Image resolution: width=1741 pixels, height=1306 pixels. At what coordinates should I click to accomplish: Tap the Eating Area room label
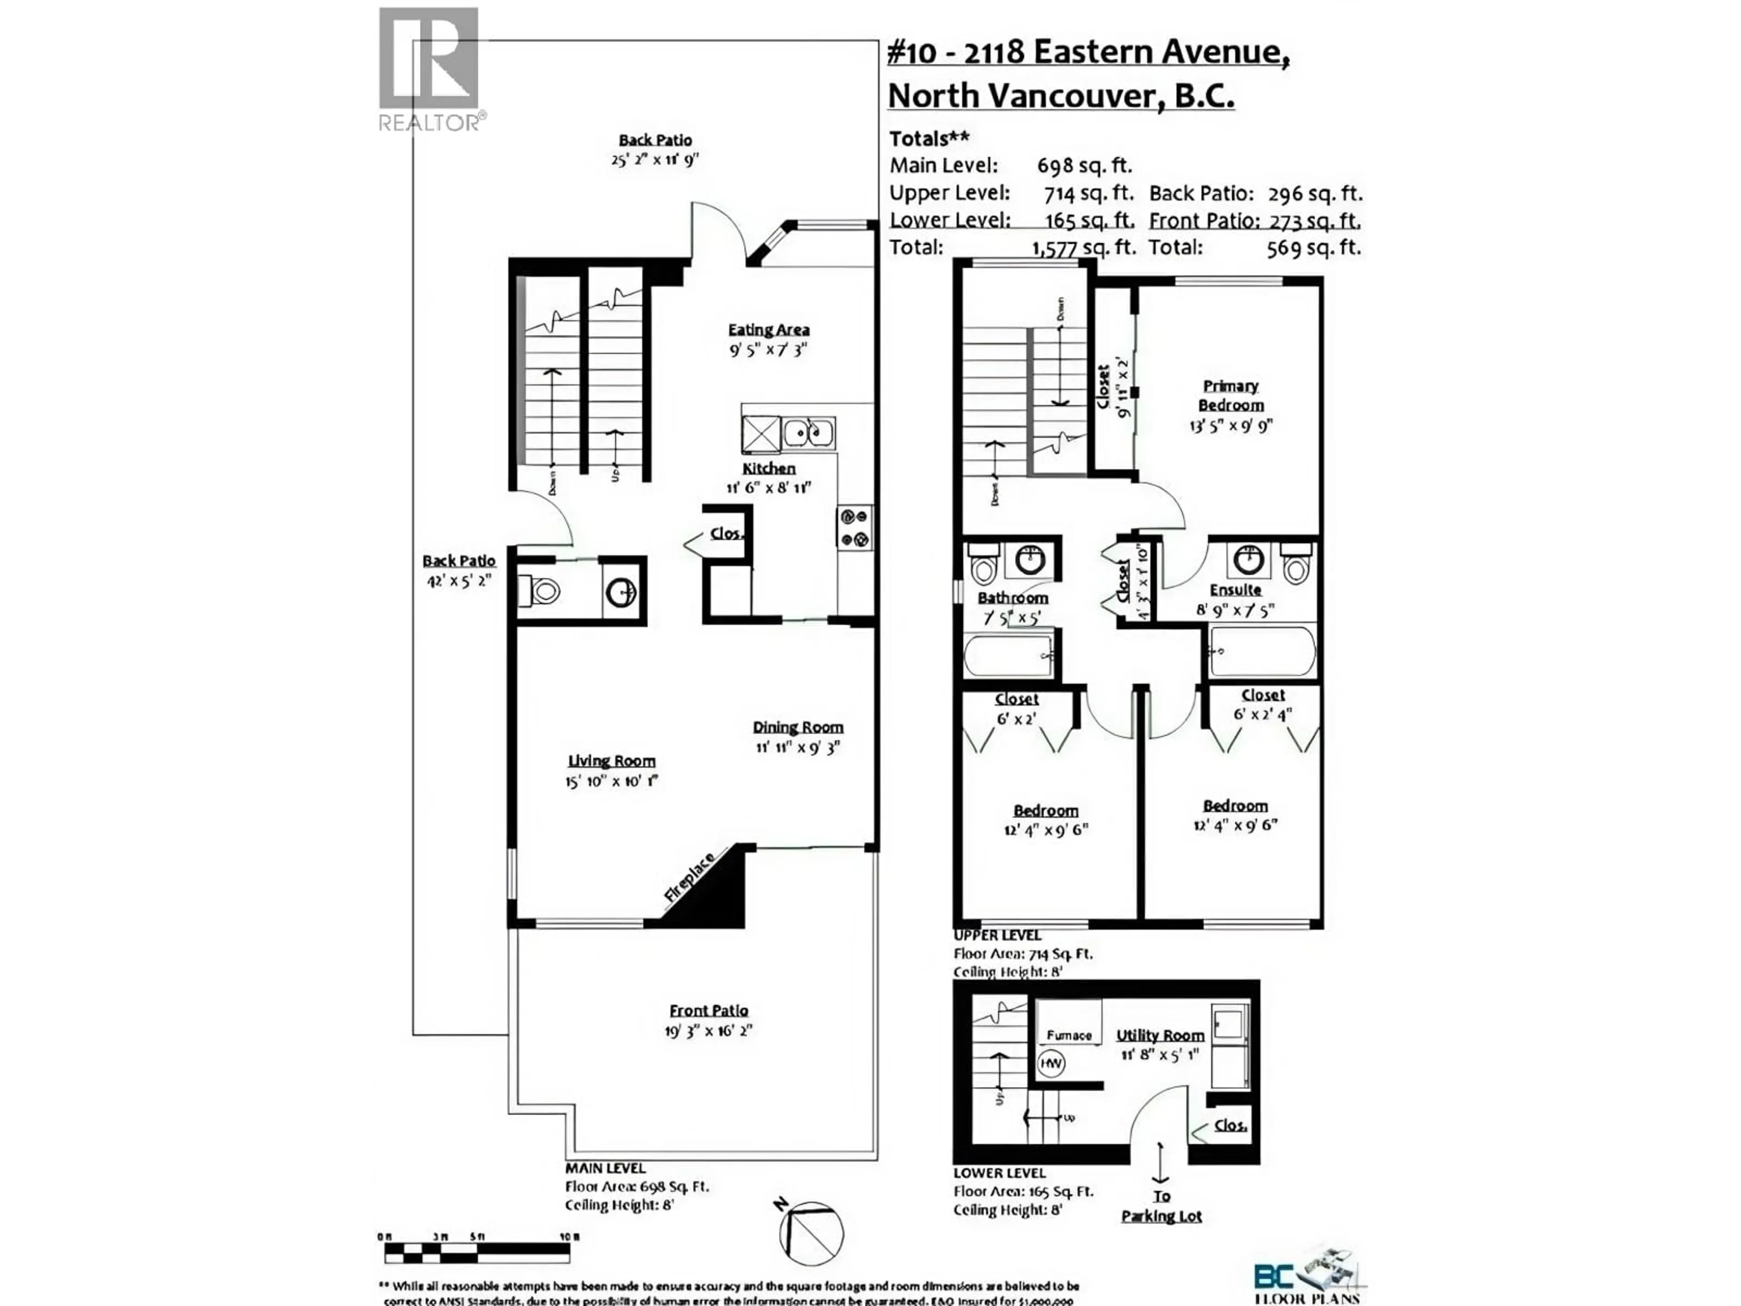pyautogui.click(x=768, y=330)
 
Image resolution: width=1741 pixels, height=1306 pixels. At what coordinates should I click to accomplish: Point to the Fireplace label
pyautogui.click(x=690, y=876)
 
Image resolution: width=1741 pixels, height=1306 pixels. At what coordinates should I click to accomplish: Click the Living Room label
pyautogui.click(x=612, y=761)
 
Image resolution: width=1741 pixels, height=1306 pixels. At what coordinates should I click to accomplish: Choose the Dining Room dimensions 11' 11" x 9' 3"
pyautogui.click(x=798, y=747)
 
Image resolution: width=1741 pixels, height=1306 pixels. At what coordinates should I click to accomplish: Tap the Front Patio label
pyautogui.click(x=708, y=1010)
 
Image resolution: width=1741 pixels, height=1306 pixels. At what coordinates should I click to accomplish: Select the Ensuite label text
pyautogui.click(x=1235, y=590)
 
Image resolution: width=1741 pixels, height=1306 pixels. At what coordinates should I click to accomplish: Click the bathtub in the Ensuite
pyautogui.click(x=1263, y=651)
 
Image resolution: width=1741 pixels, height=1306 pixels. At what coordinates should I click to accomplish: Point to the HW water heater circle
pyautogui.click(x=1051, y=1063)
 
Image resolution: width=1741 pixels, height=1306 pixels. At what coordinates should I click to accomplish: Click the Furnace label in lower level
pyautogui.click(x=1069, y=1035)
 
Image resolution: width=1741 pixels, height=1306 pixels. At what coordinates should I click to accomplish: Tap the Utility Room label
pyautogui.click(x=1160, y=1035)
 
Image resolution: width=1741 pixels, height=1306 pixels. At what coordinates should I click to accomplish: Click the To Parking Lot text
pyautogui.click(x=1162, y=1206)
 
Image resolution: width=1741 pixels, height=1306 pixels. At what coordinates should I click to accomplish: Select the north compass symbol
pyautogui.click(x=811, y=1233)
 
